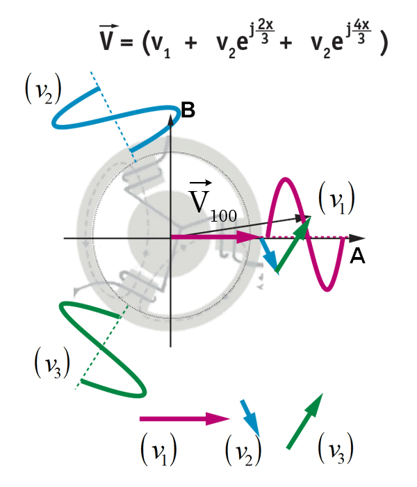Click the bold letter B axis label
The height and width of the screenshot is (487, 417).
[x=187, y=109]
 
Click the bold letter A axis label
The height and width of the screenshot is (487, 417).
[x=357, y=257]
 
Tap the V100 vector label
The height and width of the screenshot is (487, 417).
[x=211, y=202]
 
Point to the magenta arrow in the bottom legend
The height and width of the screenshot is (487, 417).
[x=184, y=419]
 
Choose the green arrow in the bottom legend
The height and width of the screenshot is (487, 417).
[x=306, y=420]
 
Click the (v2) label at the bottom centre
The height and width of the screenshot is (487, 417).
[x=243, y=452]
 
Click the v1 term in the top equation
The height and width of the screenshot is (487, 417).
[x=163, y=44]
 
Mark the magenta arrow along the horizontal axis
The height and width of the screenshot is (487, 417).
[x=215, y=238]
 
